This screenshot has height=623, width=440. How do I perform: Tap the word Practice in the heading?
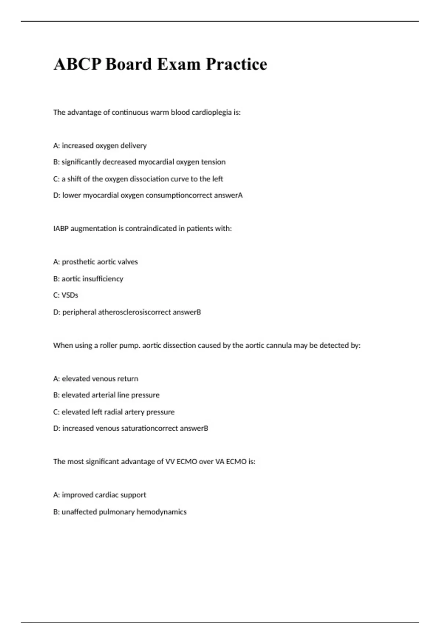[236, 64]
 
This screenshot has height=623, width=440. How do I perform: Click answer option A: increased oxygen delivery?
[100, 146]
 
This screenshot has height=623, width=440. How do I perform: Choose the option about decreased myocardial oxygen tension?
[139, 162]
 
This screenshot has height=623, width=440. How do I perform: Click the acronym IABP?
[61, 229]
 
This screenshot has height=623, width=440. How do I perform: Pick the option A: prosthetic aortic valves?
[95, 262]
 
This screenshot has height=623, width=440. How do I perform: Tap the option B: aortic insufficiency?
[88, 279]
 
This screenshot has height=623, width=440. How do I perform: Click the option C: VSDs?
[66, 295]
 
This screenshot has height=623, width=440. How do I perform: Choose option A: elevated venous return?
[95, 379]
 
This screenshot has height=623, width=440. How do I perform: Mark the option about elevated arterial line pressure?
[106, 395]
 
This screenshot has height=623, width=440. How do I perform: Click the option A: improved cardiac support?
[99, 495]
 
